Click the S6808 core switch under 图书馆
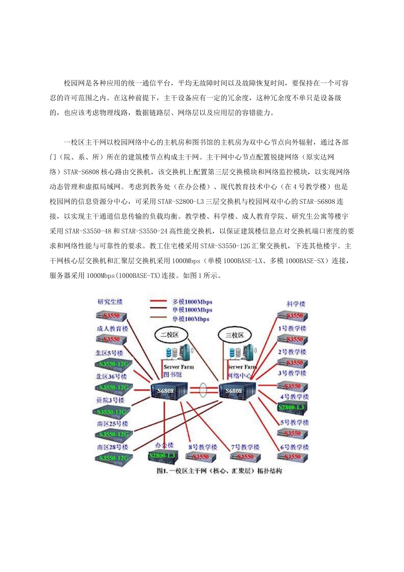pos(169,391)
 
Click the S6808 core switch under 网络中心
pos(237,391)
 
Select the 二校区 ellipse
pos(169,335)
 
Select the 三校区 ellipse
pos(235,335)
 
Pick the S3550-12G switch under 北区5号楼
pos(114,364)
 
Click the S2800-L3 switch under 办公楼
pos(162,456)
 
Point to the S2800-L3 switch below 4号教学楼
pos(292,408)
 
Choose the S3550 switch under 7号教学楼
pos(245,457)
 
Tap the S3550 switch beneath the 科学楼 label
pos(293,316)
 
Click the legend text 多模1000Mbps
pos(192,302)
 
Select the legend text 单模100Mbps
pos(191,319)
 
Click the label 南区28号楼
pos(112,447)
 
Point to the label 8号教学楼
pos(203,447)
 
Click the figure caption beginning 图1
pos(219,471)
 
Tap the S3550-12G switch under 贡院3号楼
pos(111,412)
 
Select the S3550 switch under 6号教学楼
pos(293,457)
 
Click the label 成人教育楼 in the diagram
pos(112,329)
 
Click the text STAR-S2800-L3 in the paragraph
pos(181,201)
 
